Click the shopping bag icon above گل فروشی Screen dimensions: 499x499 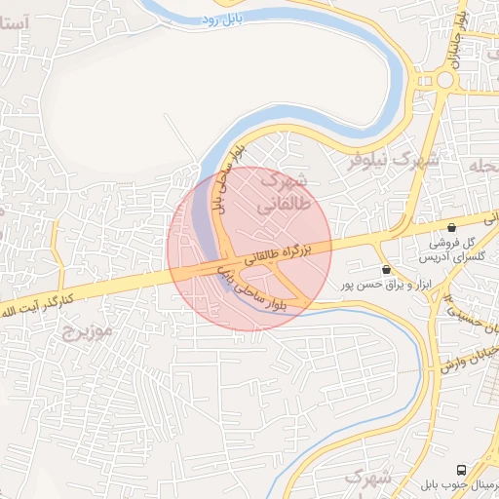coord(451,226)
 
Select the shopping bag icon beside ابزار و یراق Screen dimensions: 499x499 coord(387,269)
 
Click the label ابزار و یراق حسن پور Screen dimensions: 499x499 coord(372,285)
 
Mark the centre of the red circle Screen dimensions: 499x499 coord(249,249)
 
